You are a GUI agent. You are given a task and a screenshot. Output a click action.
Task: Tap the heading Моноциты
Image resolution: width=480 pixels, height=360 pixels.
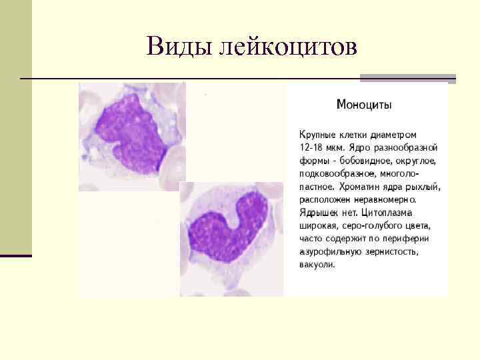364,105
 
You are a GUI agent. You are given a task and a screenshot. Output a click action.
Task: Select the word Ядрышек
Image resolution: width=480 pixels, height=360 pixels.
317,213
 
